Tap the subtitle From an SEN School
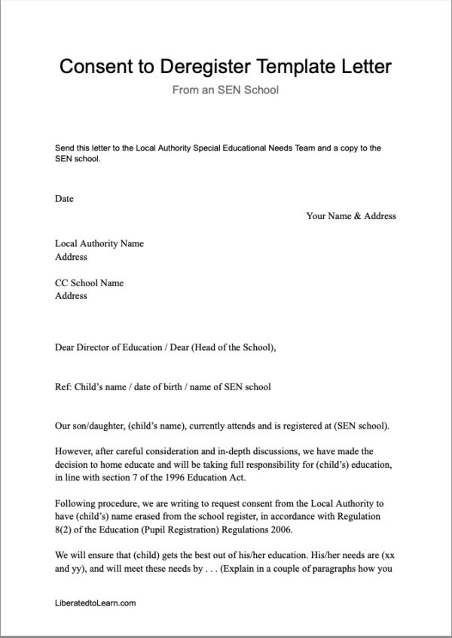point(225,91)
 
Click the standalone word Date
point(64,199)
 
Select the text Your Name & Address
point(351,216)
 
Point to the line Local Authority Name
point(99,244)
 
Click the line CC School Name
point(89,283)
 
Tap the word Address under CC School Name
point(71,296)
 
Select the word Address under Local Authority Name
point(71,257)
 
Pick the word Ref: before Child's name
point(63,387)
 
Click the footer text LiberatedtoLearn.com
point(96,603)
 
